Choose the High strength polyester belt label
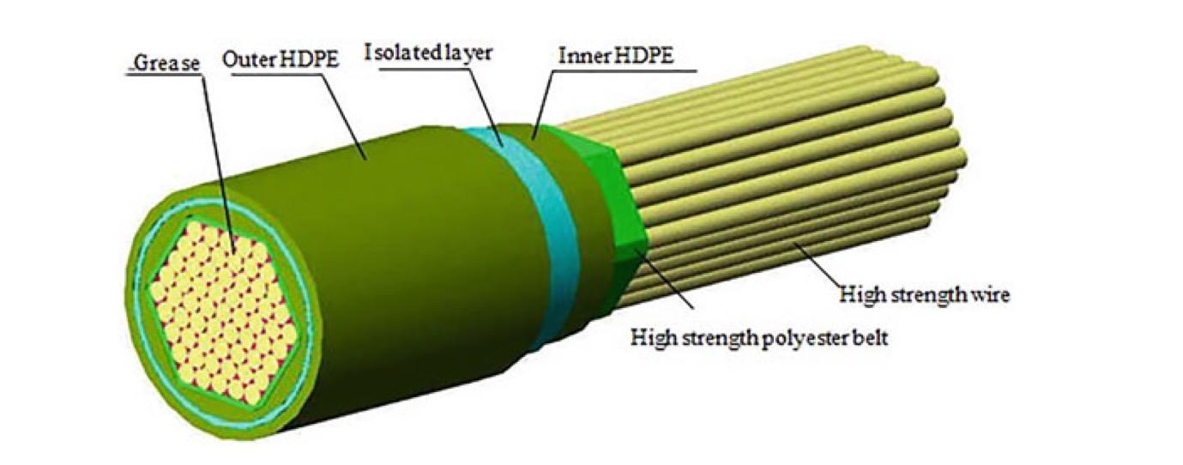pos(758,337)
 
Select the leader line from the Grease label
pos(214,154)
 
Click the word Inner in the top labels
pos(579,56)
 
